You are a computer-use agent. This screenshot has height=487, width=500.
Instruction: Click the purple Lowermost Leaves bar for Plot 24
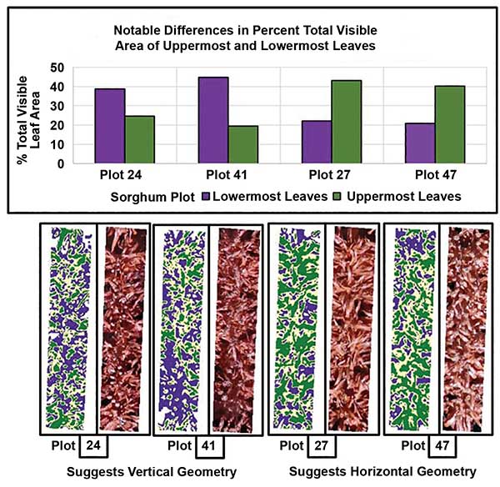click(x=111, y=126)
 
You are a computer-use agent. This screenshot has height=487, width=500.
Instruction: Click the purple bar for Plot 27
click(x=317, y=142)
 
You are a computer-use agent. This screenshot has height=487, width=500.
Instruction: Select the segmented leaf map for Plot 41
click(x=178, y=328)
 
